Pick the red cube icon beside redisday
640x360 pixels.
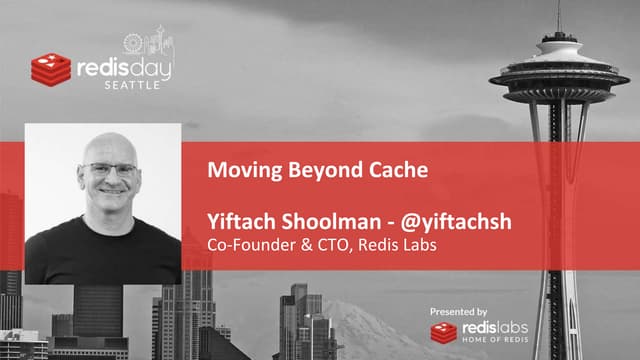(50, 68)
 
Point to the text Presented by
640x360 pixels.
(458, 312)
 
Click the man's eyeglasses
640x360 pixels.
(110, 169)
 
